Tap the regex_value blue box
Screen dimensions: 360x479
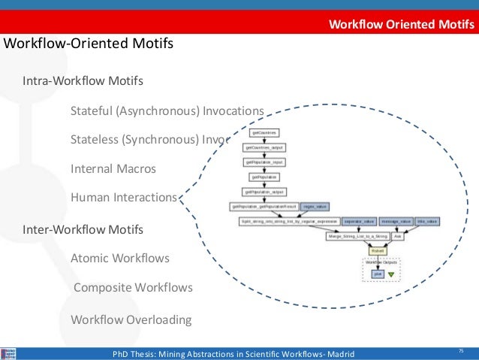[315, 206]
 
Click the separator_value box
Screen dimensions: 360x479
[358, 222]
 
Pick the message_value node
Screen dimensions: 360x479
[395, 222]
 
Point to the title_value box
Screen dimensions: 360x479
[426, 222]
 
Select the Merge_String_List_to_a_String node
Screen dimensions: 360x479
[357, 236]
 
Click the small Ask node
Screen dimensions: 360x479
[398, 236]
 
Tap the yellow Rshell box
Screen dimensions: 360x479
[378, 251]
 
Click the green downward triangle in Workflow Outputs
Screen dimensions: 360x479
[390, 275]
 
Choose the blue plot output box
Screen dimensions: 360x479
[378, 275]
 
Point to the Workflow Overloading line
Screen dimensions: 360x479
[131, 319]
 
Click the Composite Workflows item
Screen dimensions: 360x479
[133, 288]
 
